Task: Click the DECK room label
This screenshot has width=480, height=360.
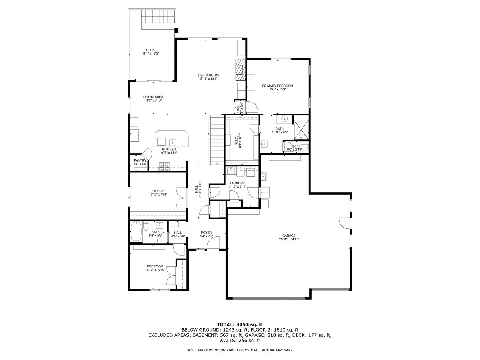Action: click(150, 50)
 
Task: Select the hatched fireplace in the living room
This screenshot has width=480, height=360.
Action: click(240, 70)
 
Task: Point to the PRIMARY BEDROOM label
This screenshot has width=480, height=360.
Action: click(277, 86)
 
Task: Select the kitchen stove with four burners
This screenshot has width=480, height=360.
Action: click(165, 167)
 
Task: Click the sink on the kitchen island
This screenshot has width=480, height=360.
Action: click(172, 142)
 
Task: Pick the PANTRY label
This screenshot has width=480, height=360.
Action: click(140, 160)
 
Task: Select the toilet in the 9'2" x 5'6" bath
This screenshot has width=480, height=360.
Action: click(146, 225)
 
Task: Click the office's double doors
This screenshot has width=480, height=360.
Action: click(181, 198)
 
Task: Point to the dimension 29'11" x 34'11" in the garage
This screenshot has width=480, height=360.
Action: click(288, 239)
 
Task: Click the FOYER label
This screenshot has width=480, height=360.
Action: click(206, 232)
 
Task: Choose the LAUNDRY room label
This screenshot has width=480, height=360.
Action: click(237, 183)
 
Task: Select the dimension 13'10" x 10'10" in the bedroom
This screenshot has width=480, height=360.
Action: click(155, 270)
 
